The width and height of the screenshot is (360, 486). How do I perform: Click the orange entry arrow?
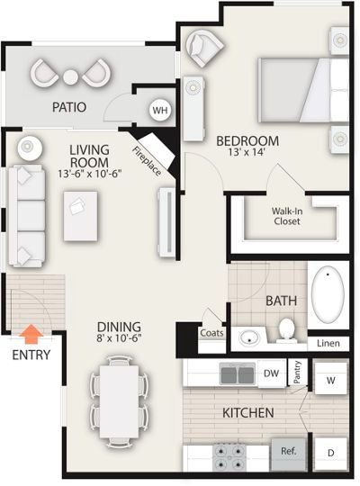31,334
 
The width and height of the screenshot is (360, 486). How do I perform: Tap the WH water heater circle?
160,110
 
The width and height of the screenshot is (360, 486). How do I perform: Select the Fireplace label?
147,161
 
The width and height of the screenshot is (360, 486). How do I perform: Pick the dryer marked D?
331,453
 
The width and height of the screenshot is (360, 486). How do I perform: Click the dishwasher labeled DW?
271,373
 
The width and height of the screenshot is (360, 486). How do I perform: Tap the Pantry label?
297,372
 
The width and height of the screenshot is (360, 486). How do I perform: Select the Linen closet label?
328,343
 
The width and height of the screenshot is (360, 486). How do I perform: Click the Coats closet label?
211,333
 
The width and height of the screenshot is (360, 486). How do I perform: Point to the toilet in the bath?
286,330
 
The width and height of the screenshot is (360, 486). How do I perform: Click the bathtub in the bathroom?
328,294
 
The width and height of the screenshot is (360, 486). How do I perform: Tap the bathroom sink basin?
249,337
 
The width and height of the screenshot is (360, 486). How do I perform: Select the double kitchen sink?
238,373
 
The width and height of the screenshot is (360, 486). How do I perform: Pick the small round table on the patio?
71,77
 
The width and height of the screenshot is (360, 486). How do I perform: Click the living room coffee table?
80,216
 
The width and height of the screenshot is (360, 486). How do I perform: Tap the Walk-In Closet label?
287,216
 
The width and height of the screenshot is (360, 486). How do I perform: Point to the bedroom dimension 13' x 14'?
247,152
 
